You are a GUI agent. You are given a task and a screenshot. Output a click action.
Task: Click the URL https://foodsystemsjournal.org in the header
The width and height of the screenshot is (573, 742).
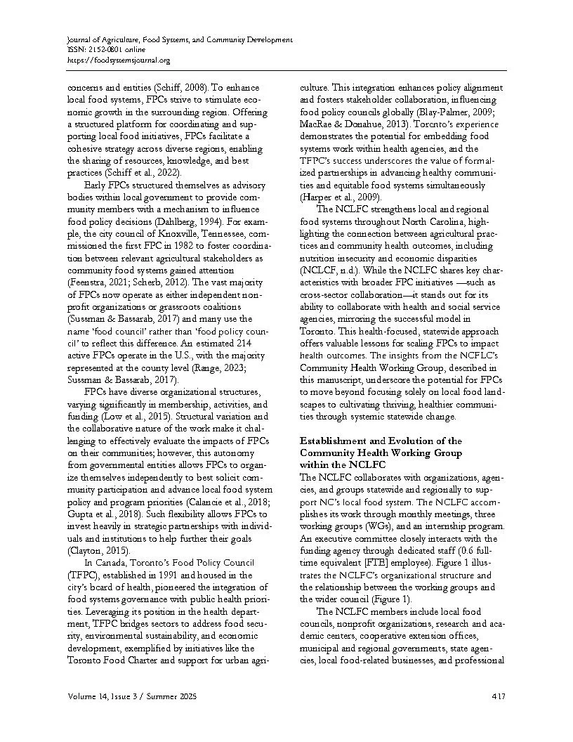click(x=119, y=60)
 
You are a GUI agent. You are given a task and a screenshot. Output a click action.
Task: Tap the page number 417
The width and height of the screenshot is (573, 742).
click(x=499, y=696)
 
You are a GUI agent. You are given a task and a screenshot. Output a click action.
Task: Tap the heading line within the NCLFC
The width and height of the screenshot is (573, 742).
click(x=343, y=464)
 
